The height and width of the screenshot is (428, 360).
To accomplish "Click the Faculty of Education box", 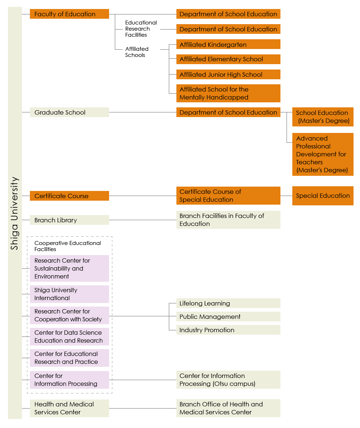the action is tap(69, 14).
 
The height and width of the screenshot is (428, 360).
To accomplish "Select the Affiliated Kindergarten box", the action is tap(228, 44).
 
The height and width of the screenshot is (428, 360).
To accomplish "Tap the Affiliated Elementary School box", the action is tap(228, 59).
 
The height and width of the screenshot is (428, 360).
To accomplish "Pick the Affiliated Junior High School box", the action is tap(228, 74).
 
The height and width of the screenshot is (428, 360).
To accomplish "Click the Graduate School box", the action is tap(69, 112).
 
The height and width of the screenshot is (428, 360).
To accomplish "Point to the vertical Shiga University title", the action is tap(14, 213).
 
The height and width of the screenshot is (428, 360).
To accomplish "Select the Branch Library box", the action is tap(69, 220).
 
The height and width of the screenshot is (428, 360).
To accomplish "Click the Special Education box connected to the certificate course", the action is tap(323, 196).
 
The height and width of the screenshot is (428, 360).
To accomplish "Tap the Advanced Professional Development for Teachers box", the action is tap(323, 154).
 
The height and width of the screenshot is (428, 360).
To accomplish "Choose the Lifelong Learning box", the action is tap(228, 303).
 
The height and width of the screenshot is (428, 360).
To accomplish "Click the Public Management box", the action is tap(228, 317).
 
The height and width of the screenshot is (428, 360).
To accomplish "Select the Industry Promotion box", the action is tap(228, 330).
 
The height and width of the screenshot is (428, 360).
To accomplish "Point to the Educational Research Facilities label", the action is tap(141, 29).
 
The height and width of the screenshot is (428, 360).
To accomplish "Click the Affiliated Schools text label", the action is tap(137, 52).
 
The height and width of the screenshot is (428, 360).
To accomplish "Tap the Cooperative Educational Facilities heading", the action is tap(68, 246).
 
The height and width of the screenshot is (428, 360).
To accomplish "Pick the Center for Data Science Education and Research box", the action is tap(69, 336).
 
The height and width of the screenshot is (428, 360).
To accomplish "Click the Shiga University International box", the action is tap(69, 294).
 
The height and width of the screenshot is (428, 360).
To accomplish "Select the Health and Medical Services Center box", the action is tap(69, 408).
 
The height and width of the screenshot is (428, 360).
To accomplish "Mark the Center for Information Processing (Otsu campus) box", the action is tap(228, 380).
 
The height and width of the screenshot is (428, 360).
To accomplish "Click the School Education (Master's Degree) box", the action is tap(323, 117).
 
